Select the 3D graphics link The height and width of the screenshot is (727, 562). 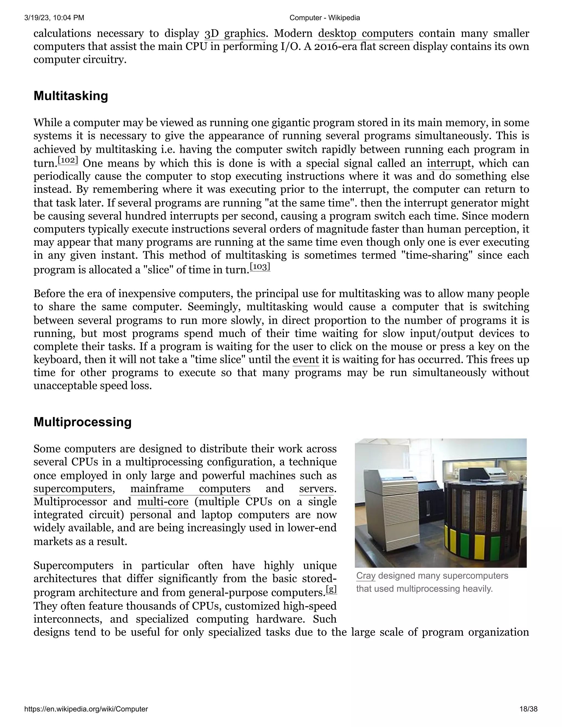[x=235, y=34]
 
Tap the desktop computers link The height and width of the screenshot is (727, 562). [x=365, y=34]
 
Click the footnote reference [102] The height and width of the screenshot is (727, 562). [x=68, y=160]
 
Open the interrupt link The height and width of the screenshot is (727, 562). [x=448, y=163]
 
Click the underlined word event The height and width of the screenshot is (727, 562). [x=306, y=359]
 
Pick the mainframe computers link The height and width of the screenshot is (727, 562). [x=190, y=489]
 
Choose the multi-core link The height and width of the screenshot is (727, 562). [x=163, y=502]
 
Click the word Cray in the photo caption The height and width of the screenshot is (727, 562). [x=365, y=576]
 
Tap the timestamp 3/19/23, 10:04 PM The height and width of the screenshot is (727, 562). [x=54, y=18]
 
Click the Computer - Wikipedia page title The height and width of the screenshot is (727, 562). [x=324, y=18]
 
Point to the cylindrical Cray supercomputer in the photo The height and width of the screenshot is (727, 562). [x=483, y=523]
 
